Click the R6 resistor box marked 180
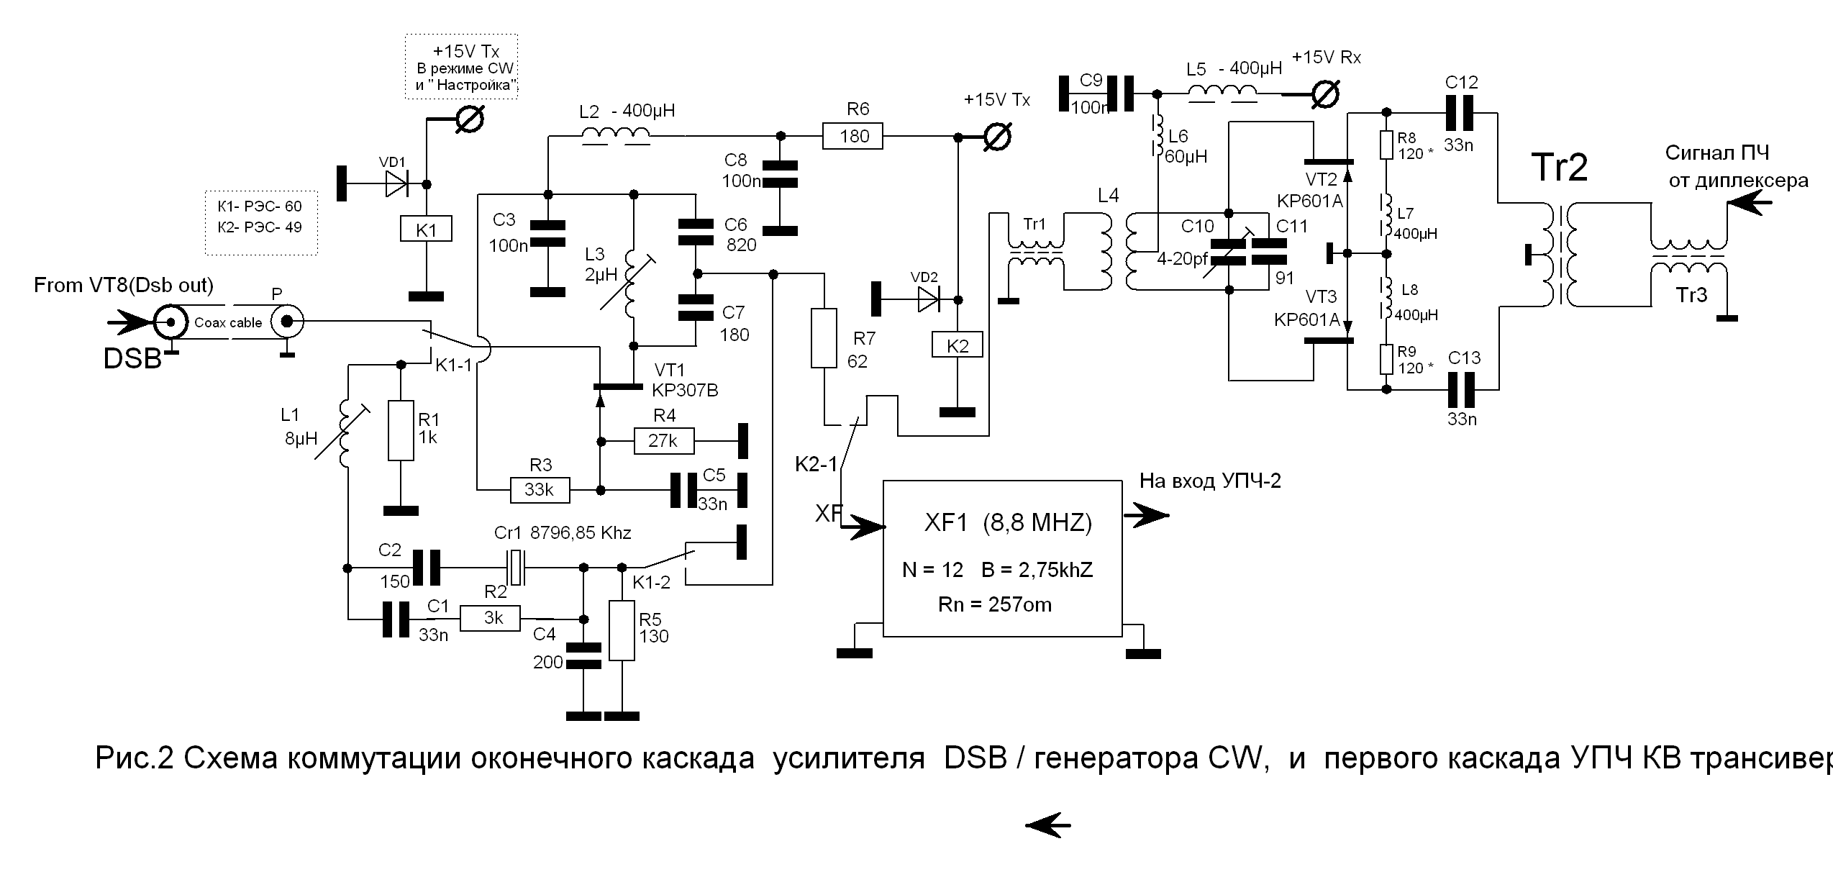coord(853,136)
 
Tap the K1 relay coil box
coord(426,230)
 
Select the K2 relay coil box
coord(958,345)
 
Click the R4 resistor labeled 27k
coord(663,440)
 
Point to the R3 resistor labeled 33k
coord(540,490)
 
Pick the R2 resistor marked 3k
coord(490,618)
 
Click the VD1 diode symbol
coord(396,183)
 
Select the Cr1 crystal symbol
coord(517,568)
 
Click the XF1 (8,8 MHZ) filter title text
coord(1007,522)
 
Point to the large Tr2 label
coord(1560,168)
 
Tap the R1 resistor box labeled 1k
coord(401,430)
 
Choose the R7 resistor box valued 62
coord(824,338)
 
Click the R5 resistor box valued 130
coord(622,631)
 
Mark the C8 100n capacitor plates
coord(780,175)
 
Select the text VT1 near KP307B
coord(669,371)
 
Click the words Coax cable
coord(228,323)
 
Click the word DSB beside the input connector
coord(132,358)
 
